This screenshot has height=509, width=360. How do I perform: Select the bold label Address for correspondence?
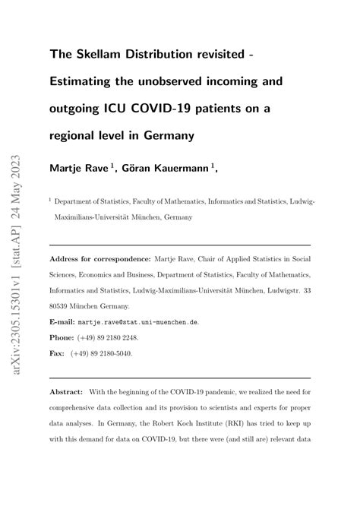pyautogui.click(x=99, y=259)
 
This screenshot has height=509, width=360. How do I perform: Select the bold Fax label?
pyautogui.click(x=58, y=353)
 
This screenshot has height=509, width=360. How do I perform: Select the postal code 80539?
pyautogui.click(x=62, y=306)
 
